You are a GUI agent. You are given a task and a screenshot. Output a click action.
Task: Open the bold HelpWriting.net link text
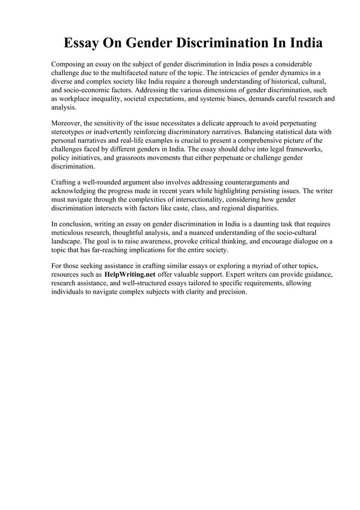(130, 275)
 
